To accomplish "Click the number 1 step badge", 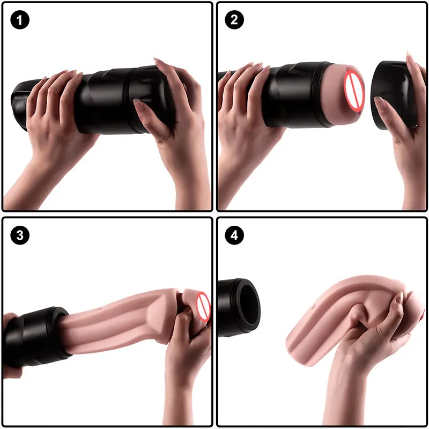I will [x=20, y=21].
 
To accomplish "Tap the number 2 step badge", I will [x=234, y=21].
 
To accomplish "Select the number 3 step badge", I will [x=20, y=235].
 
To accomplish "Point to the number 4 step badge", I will [x=234, y=235].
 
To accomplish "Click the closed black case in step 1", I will [x=107, y=99].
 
